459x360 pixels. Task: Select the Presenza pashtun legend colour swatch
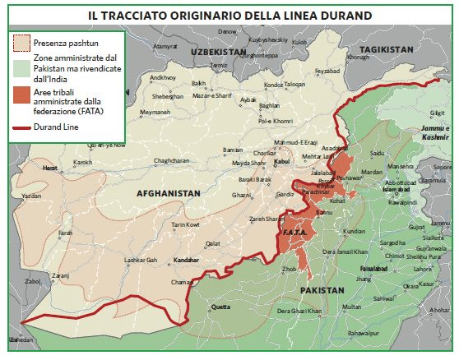(21, 41)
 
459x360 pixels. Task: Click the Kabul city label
(282, 162)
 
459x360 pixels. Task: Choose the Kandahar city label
(187, 259)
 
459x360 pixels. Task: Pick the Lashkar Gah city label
(141, 259)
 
